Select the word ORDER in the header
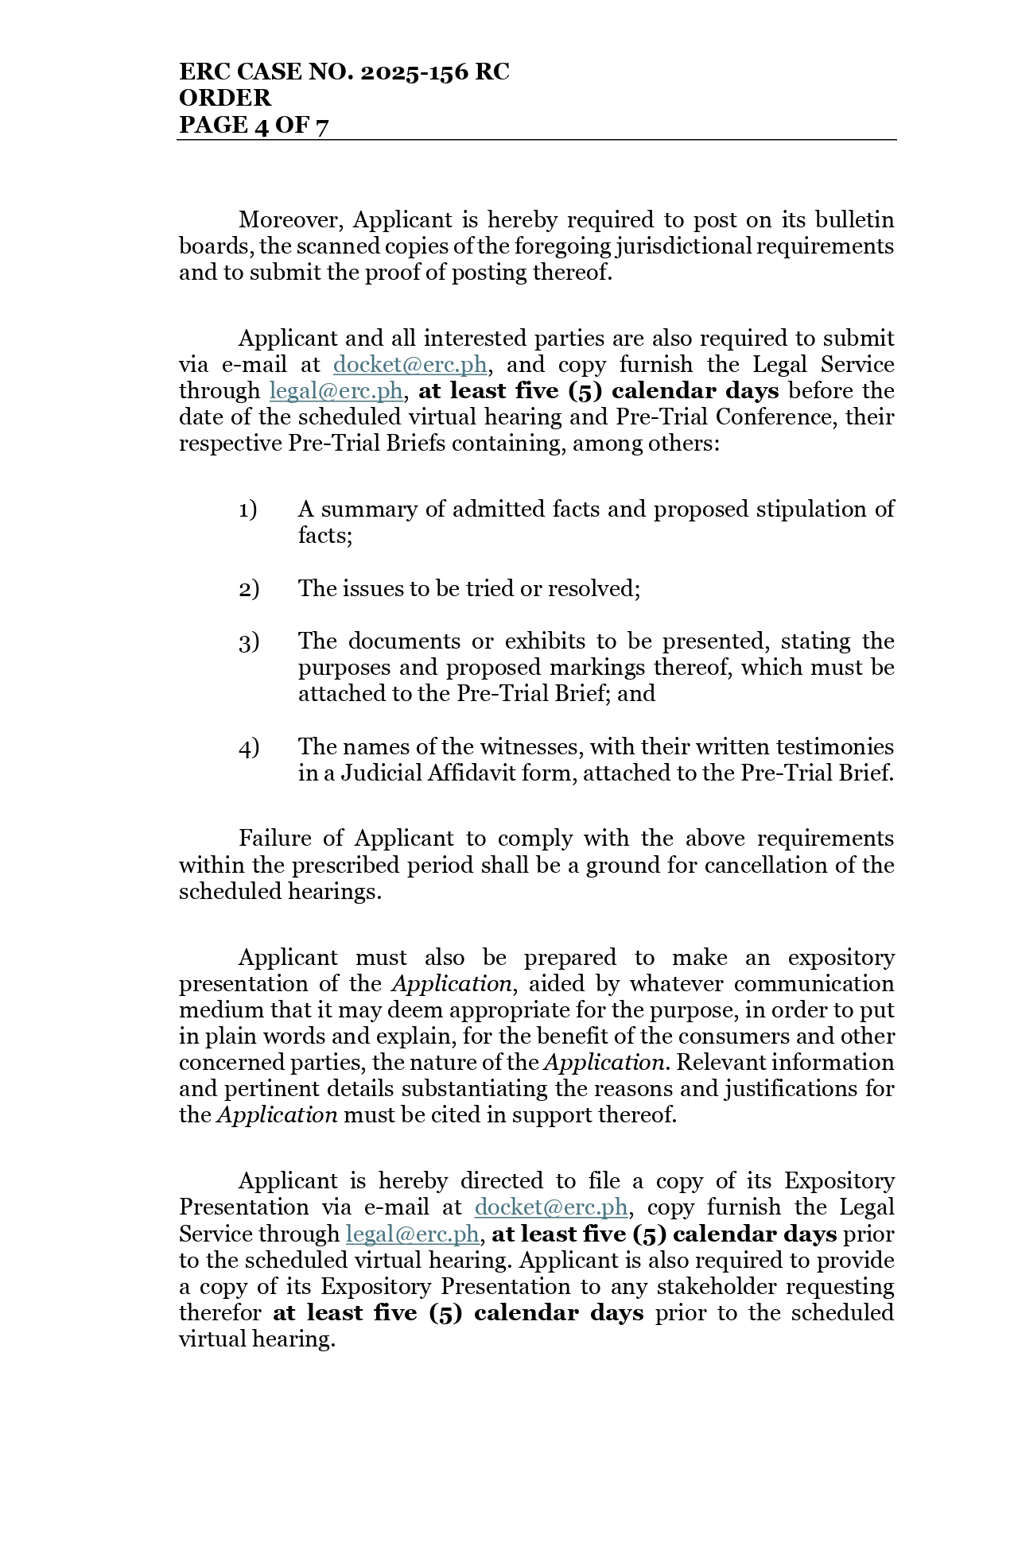[x=225, y=99]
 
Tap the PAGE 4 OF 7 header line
[x=254, y=125]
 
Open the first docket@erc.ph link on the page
[x=410, y=365]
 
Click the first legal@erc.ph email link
[x=336, y=391]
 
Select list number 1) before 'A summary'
[x=247, y=510]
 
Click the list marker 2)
[x=248, y=589]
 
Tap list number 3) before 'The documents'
[x=248, y=641]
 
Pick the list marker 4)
[x=248, y=747]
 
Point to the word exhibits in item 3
[x=545, y=641]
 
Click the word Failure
[x=276, y=839]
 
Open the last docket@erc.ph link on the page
[x=550, y=1207]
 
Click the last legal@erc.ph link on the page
[x=412, y=1234]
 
